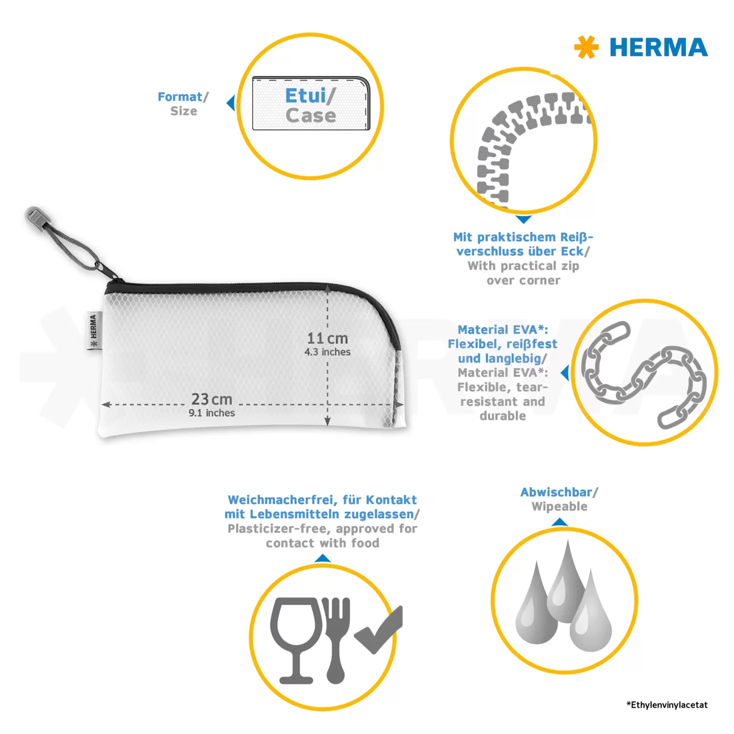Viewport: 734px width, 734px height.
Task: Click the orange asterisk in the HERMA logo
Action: [586, 47]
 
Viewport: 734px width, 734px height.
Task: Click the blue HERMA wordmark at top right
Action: [659, 47]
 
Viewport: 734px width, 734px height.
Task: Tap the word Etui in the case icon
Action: [305, 95]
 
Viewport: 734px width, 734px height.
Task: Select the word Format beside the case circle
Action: [180, 97]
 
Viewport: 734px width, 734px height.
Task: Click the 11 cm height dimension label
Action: [327, 338]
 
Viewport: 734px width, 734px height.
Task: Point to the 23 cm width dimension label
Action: [211, 399]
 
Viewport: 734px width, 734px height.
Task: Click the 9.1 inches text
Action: [212, 413]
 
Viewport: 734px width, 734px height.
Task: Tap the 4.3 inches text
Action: [327, 352]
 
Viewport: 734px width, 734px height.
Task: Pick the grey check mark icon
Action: [378, 630]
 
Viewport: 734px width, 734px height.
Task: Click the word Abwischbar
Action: [556, 492]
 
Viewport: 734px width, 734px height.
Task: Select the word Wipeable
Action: [559, 507]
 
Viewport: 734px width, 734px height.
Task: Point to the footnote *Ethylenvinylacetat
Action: [667, 705]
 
